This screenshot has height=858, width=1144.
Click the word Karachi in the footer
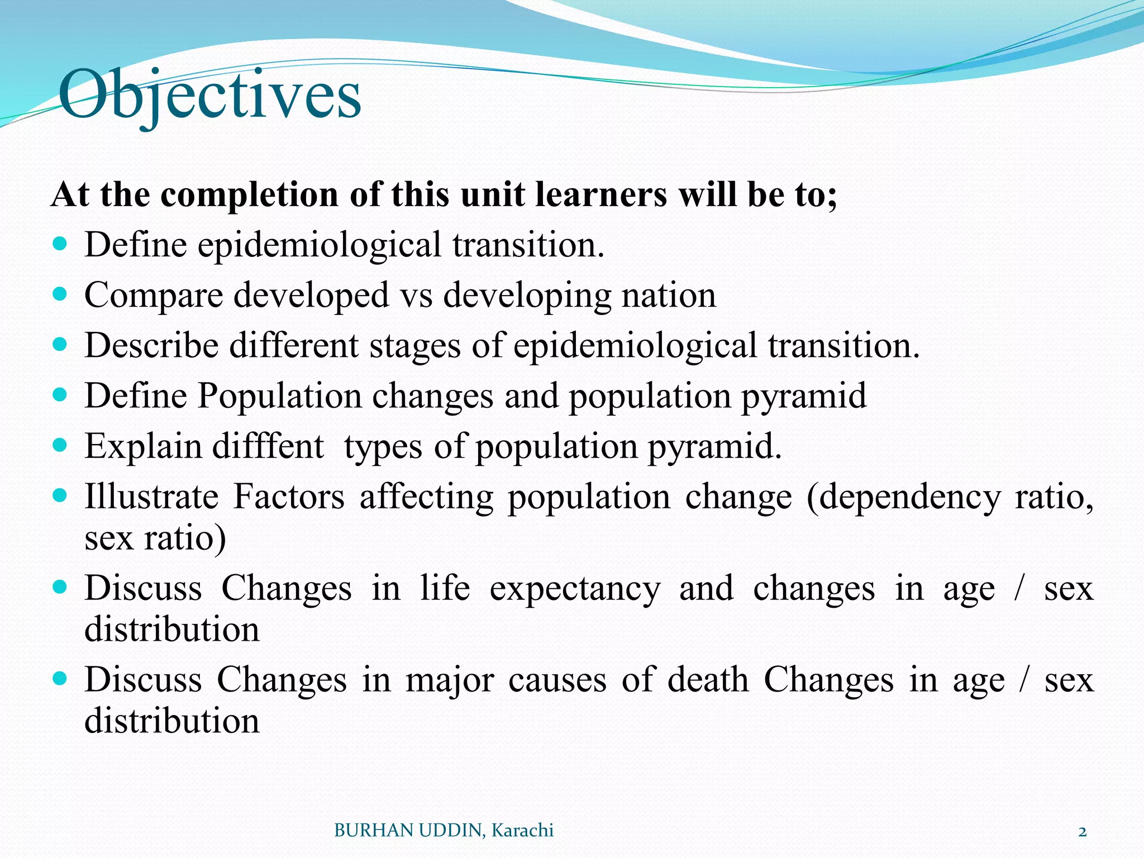click(x=522, y=831)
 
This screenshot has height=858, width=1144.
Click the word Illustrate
click(x=151, y=497)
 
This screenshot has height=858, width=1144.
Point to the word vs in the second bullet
click(x=417, y=295)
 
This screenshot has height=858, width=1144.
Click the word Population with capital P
click(x=279, y=396)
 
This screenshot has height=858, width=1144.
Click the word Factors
click(x=289, y=497)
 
